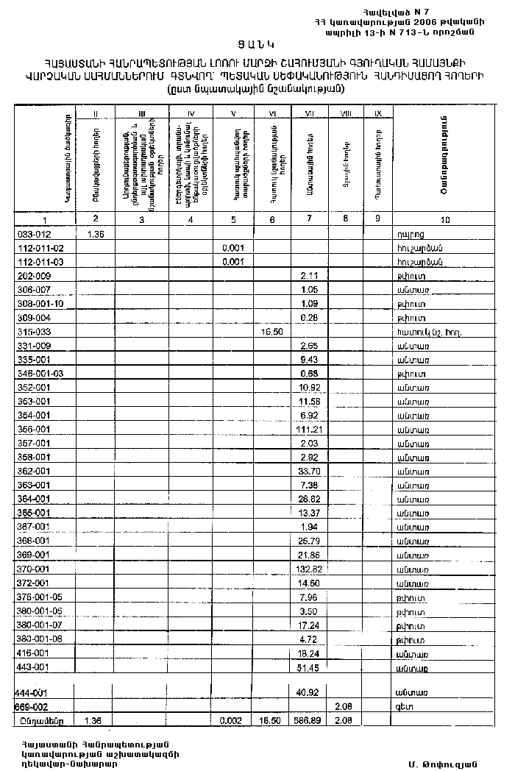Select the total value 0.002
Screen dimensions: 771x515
click(232, 721)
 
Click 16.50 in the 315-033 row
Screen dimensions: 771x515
click(271, 331)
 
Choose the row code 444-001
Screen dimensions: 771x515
click(31, 692)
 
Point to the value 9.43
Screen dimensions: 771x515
click(308, 359)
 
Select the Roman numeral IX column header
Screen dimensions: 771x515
click(378, 113)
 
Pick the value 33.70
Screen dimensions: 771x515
click(308, 471)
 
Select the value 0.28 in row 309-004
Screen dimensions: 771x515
click(308, 317)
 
